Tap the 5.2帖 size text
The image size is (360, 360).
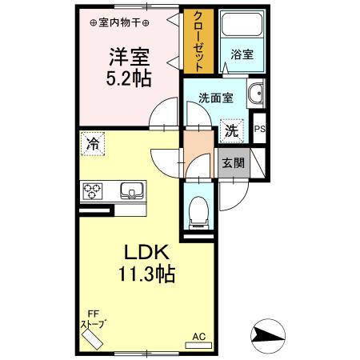pos(129,80)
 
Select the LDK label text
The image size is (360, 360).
pos(146,253)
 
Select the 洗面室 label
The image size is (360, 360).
pos(215,98)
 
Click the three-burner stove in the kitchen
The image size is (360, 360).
pos(93,192)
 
